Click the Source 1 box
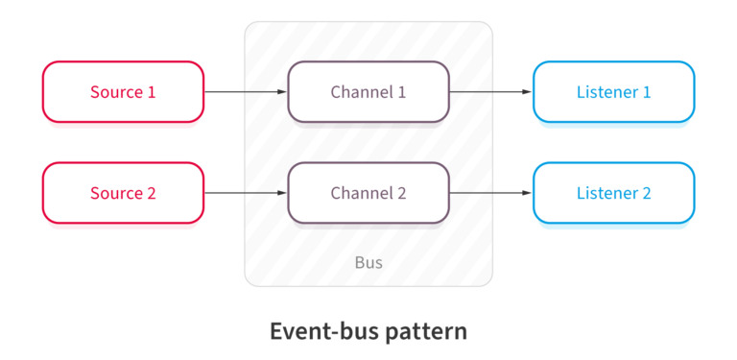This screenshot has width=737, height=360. click(123, 92)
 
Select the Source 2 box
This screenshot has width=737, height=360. click(123, 193)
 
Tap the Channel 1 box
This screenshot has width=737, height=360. click(368, 92)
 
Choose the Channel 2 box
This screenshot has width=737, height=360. click(368, 193)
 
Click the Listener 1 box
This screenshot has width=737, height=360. click(613, 92)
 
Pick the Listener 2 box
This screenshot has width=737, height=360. click(613, 193)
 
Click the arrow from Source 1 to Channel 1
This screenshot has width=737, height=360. click(245, 92)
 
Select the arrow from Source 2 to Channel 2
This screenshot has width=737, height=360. click(245, 193)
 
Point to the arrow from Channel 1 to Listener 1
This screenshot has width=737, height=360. click(489, 92)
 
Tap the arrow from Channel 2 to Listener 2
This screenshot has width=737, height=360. click(489, 193)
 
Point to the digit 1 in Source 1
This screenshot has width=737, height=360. click(151, 92)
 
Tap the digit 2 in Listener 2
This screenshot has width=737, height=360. click(647, 193)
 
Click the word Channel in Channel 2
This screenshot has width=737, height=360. click(360, 193)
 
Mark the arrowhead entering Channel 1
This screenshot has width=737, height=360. click(282, 92)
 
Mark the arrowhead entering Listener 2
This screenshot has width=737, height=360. click(527, 193)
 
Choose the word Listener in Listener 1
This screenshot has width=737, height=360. click(606, 92)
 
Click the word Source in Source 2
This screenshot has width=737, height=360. click(115, 193)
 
